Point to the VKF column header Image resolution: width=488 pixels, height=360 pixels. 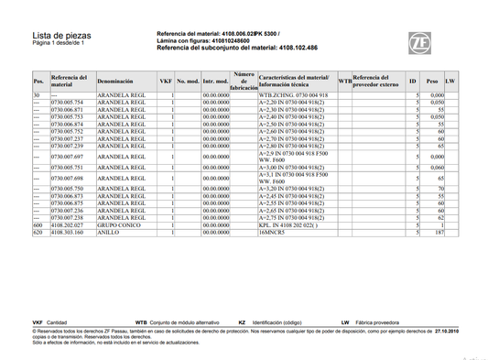point(166,82)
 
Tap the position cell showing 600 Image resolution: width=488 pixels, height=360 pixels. point(38,224)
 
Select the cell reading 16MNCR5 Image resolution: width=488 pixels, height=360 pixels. point(275,233)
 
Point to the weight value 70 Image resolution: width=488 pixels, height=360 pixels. point(440,189)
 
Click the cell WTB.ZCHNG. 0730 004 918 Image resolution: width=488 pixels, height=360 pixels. point(293,95)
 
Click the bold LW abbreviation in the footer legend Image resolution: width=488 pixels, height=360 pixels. point(345,322)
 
